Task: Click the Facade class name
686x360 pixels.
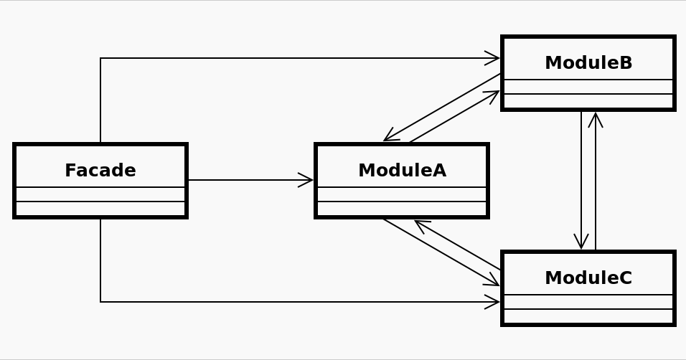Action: [100, 171]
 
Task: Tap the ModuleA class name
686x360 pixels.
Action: [402, 171]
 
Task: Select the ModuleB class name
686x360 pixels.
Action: [588, 63]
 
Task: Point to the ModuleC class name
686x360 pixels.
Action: [588, 278]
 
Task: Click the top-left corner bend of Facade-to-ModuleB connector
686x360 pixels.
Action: [100, 58]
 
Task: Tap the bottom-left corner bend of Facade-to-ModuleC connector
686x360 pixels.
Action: [100, 302]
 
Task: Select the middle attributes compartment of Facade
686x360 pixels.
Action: [100, 194]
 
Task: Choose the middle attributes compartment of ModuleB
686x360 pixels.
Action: [588, 87]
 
